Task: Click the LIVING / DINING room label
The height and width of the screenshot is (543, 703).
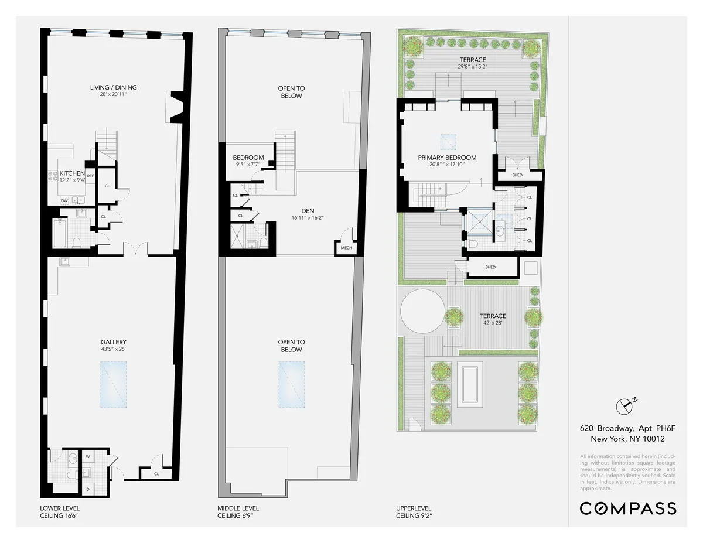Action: click(x=114, y=88)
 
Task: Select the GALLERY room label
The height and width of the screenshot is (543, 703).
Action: click(x=113, y=342)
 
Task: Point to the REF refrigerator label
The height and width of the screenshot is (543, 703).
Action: click(x=90, y=176)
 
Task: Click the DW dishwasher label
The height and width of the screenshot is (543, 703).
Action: click(x=64, y=200)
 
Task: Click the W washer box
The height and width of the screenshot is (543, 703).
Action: click(x=88, y=456)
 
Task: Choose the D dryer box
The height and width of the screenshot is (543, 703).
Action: click(x=88, y=488)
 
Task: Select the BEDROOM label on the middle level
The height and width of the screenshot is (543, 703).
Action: click(x=248, y=158)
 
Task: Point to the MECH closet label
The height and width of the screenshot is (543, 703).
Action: click(x=346, y=248)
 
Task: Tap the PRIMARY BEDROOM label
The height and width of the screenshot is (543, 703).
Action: click(x=447, y=158)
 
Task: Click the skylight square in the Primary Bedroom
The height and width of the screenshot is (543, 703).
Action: click(x=448, y=141)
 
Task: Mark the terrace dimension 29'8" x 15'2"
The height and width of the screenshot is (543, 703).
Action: click(x=473, y=67)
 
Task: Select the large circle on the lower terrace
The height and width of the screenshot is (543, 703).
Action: click(x=422, y=312)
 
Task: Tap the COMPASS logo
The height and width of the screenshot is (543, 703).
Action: click(x=627, y=508)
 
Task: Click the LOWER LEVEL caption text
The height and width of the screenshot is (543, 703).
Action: click(x=60, y=508)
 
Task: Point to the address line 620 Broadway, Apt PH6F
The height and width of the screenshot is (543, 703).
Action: click(x=623, y=428)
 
